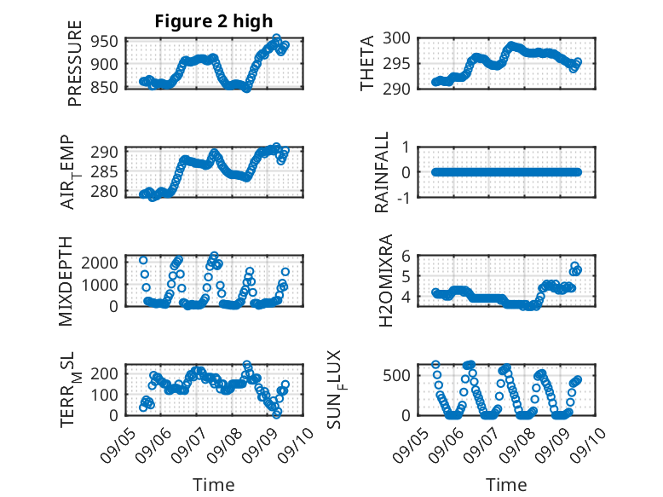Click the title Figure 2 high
(x=214, y=21)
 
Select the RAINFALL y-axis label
(x=383, y=172)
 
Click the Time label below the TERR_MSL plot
(x=213, y=485)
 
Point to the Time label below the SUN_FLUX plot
(x=506, y=485)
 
